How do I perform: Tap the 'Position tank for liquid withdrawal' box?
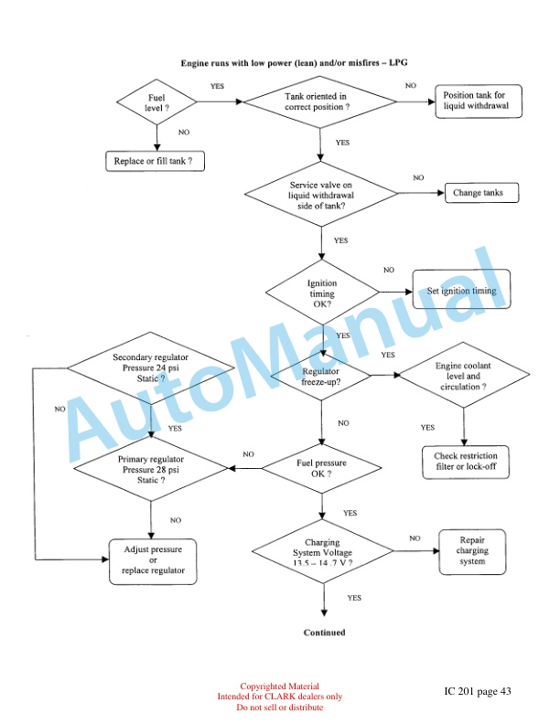tap(481, 101)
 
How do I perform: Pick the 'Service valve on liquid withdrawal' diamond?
tap(321, 195)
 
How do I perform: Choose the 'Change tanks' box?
tap(483, 193)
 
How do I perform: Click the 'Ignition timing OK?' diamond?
tap(321, 293)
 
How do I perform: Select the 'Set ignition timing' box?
tap(461, 291)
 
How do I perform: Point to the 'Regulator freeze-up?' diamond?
tap(321, 376)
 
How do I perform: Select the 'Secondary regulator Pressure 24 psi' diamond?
tap(150, 367)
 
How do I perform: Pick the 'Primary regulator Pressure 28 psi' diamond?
tap(150, 466)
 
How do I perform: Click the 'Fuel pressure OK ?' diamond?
tap(321, 469)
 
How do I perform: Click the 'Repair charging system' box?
tap(472, 551)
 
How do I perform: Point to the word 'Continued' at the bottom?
tap(324, 632)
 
